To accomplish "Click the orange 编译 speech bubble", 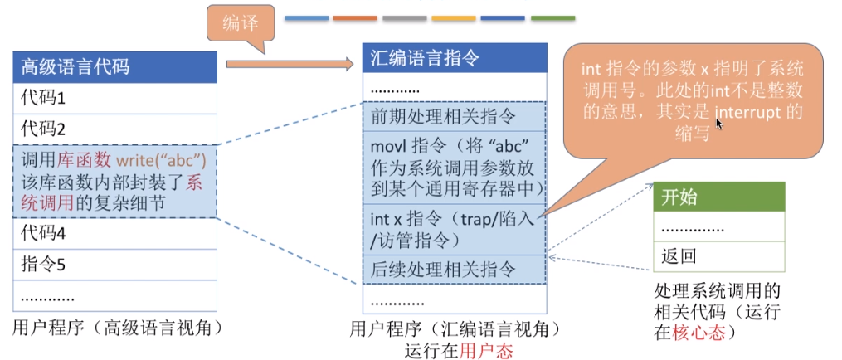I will coord(241,25).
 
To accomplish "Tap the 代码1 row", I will coord(115,98).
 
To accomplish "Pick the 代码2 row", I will coord(115,129).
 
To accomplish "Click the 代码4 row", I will coord(115,233).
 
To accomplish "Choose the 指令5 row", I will coord(115,265).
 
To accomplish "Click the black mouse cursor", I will coord(718,124).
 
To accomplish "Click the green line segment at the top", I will coord(552,17).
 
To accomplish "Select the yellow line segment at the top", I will coord(453,17).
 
